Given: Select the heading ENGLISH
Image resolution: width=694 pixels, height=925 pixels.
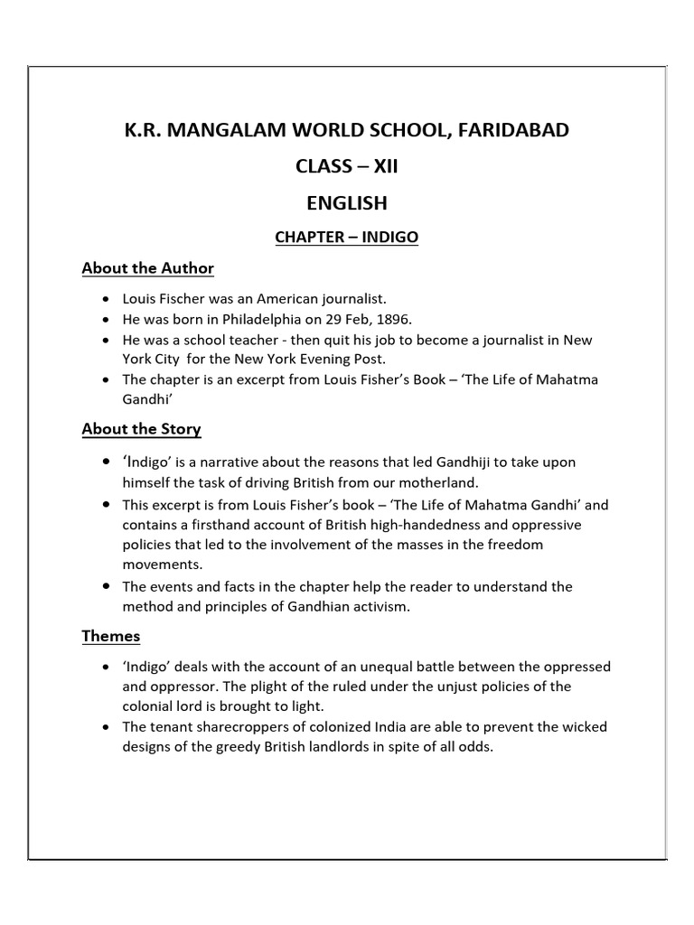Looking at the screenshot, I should tap(347, 203).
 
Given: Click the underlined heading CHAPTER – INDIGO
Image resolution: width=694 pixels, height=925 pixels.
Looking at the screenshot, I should tap(347, 238).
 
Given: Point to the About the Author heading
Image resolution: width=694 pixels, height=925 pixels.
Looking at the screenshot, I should tap(147, 268).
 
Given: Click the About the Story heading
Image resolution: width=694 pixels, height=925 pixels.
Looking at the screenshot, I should tap(141, 429).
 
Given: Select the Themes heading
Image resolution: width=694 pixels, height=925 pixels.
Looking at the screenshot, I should tap(111, 636).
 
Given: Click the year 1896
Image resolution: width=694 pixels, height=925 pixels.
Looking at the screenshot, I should tap(394, 319).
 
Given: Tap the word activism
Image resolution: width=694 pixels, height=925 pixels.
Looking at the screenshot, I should tap(375, 607).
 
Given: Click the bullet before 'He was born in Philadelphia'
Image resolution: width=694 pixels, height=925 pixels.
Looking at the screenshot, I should tap(106, 320).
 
